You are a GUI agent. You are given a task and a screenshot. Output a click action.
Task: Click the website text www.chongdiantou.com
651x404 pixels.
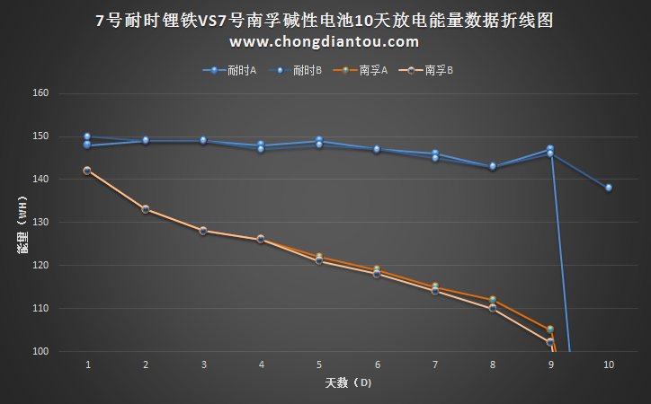(325, 41)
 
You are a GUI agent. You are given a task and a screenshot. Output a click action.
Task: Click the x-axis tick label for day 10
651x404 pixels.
(609, 365)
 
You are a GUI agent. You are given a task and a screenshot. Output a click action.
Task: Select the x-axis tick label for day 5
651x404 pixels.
(319, 365)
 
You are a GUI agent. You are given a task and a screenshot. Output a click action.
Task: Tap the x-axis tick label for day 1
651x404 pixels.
(88, 365)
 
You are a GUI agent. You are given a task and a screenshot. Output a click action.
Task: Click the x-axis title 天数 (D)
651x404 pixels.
(347, 383)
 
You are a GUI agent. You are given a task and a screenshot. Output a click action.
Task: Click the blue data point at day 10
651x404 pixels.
(609, 188)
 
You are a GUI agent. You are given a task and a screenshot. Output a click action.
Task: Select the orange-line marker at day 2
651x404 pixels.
(146, 209)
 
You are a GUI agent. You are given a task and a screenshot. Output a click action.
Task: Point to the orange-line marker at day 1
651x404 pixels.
(87, 171)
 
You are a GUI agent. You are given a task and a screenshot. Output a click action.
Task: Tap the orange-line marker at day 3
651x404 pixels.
(203, 231)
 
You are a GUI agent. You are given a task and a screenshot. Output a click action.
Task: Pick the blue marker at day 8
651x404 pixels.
(493, 167)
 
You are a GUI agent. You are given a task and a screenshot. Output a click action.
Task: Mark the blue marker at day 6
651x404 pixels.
(377, 149)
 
